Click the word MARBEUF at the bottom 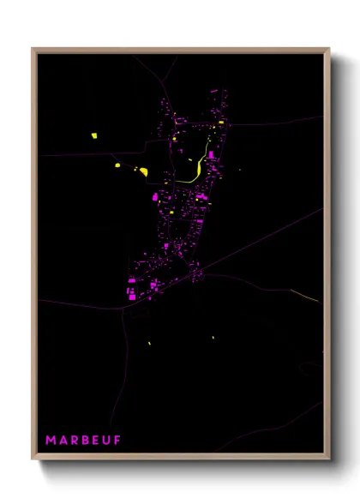83,441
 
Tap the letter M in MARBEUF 51,441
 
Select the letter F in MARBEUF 117,441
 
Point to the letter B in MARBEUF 84,441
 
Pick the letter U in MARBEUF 106,441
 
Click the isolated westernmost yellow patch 94,135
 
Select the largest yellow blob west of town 143,171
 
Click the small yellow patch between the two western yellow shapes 117,165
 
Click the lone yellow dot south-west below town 149,344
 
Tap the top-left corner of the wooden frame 33,49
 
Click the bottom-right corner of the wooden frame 328,458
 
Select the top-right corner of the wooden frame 328,49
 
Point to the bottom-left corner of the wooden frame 33,458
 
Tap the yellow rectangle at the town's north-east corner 221,123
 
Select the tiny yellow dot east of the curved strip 240,170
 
